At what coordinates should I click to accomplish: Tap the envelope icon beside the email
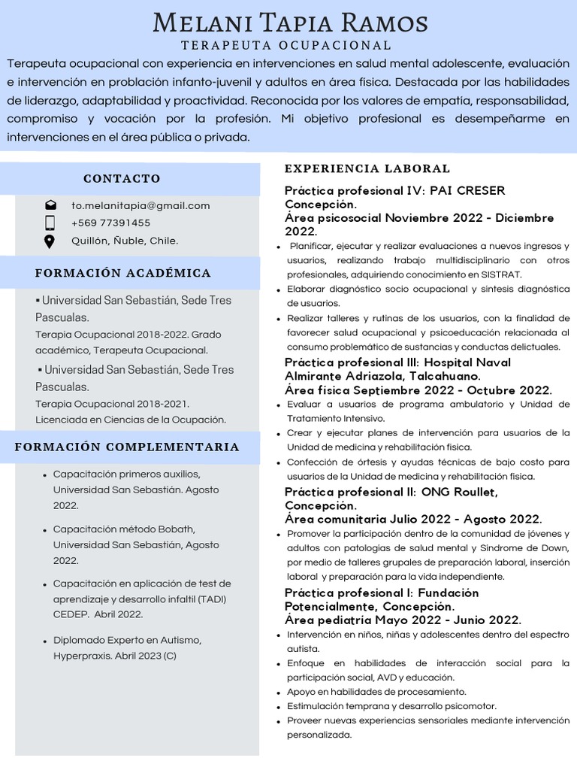pyautogui.click(x=50, y=205)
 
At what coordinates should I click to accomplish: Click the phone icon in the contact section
pyautogui.click(x=50, y=223)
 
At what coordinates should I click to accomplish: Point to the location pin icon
pyautogui.click(x=50, y=241)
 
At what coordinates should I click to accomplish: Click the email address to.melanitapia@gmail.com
pyautogui.click(x=140, y=205)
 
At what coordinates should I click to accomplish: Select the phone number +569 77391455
pyautogui.click(x=110, y=223)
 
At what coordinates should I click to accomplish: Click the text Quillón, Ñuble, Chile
pyautogui.click(x=125, y=241)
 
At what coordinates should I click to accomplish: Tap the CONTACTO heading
pyautogui.click(x=122, y=178)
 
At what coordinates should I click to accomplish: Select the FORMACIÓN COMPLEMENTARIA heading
pyautogui.click(x=127, y=447)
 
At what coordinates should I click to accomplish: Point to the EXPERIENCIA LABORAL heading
pyautogui.click(x=367, y=168)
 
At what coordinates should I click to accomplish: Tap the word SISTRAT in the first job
pyautogui.click(x=501, y=274)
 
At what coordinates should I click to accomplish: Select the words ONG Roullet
pyautogui.click(x=459, y=492)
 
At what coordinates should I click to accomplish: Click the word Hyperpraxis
pyautogui.click(x=82, y=656)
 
